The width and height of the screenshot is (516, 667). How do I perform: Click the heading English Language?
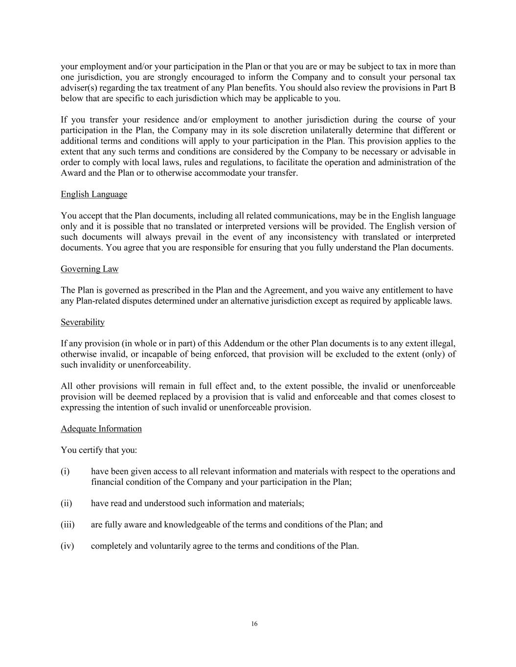pos(94,194)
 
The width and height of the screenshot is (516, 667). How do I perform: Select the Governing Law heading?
pos(90,269)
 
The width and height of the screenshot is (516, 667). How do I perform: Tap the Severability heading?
pos(83,323)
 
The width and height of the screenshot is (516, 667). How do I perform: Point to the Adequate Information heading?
pos(101,429)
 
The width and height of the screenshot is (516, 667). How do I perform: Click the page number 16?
pos(254,624)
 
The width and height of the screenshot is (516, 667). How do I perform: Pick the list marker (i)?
pos(65,472)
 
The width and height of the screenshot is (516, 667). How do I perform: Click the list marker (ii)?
pos(67,503)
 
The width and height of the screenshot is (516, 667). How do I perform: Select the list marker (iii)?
pos(67,525)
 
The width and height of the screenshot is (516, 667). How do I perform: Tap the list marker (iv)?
pos(67,546)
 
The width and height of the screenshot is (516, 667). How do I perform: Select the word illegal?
pos(443,344)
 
